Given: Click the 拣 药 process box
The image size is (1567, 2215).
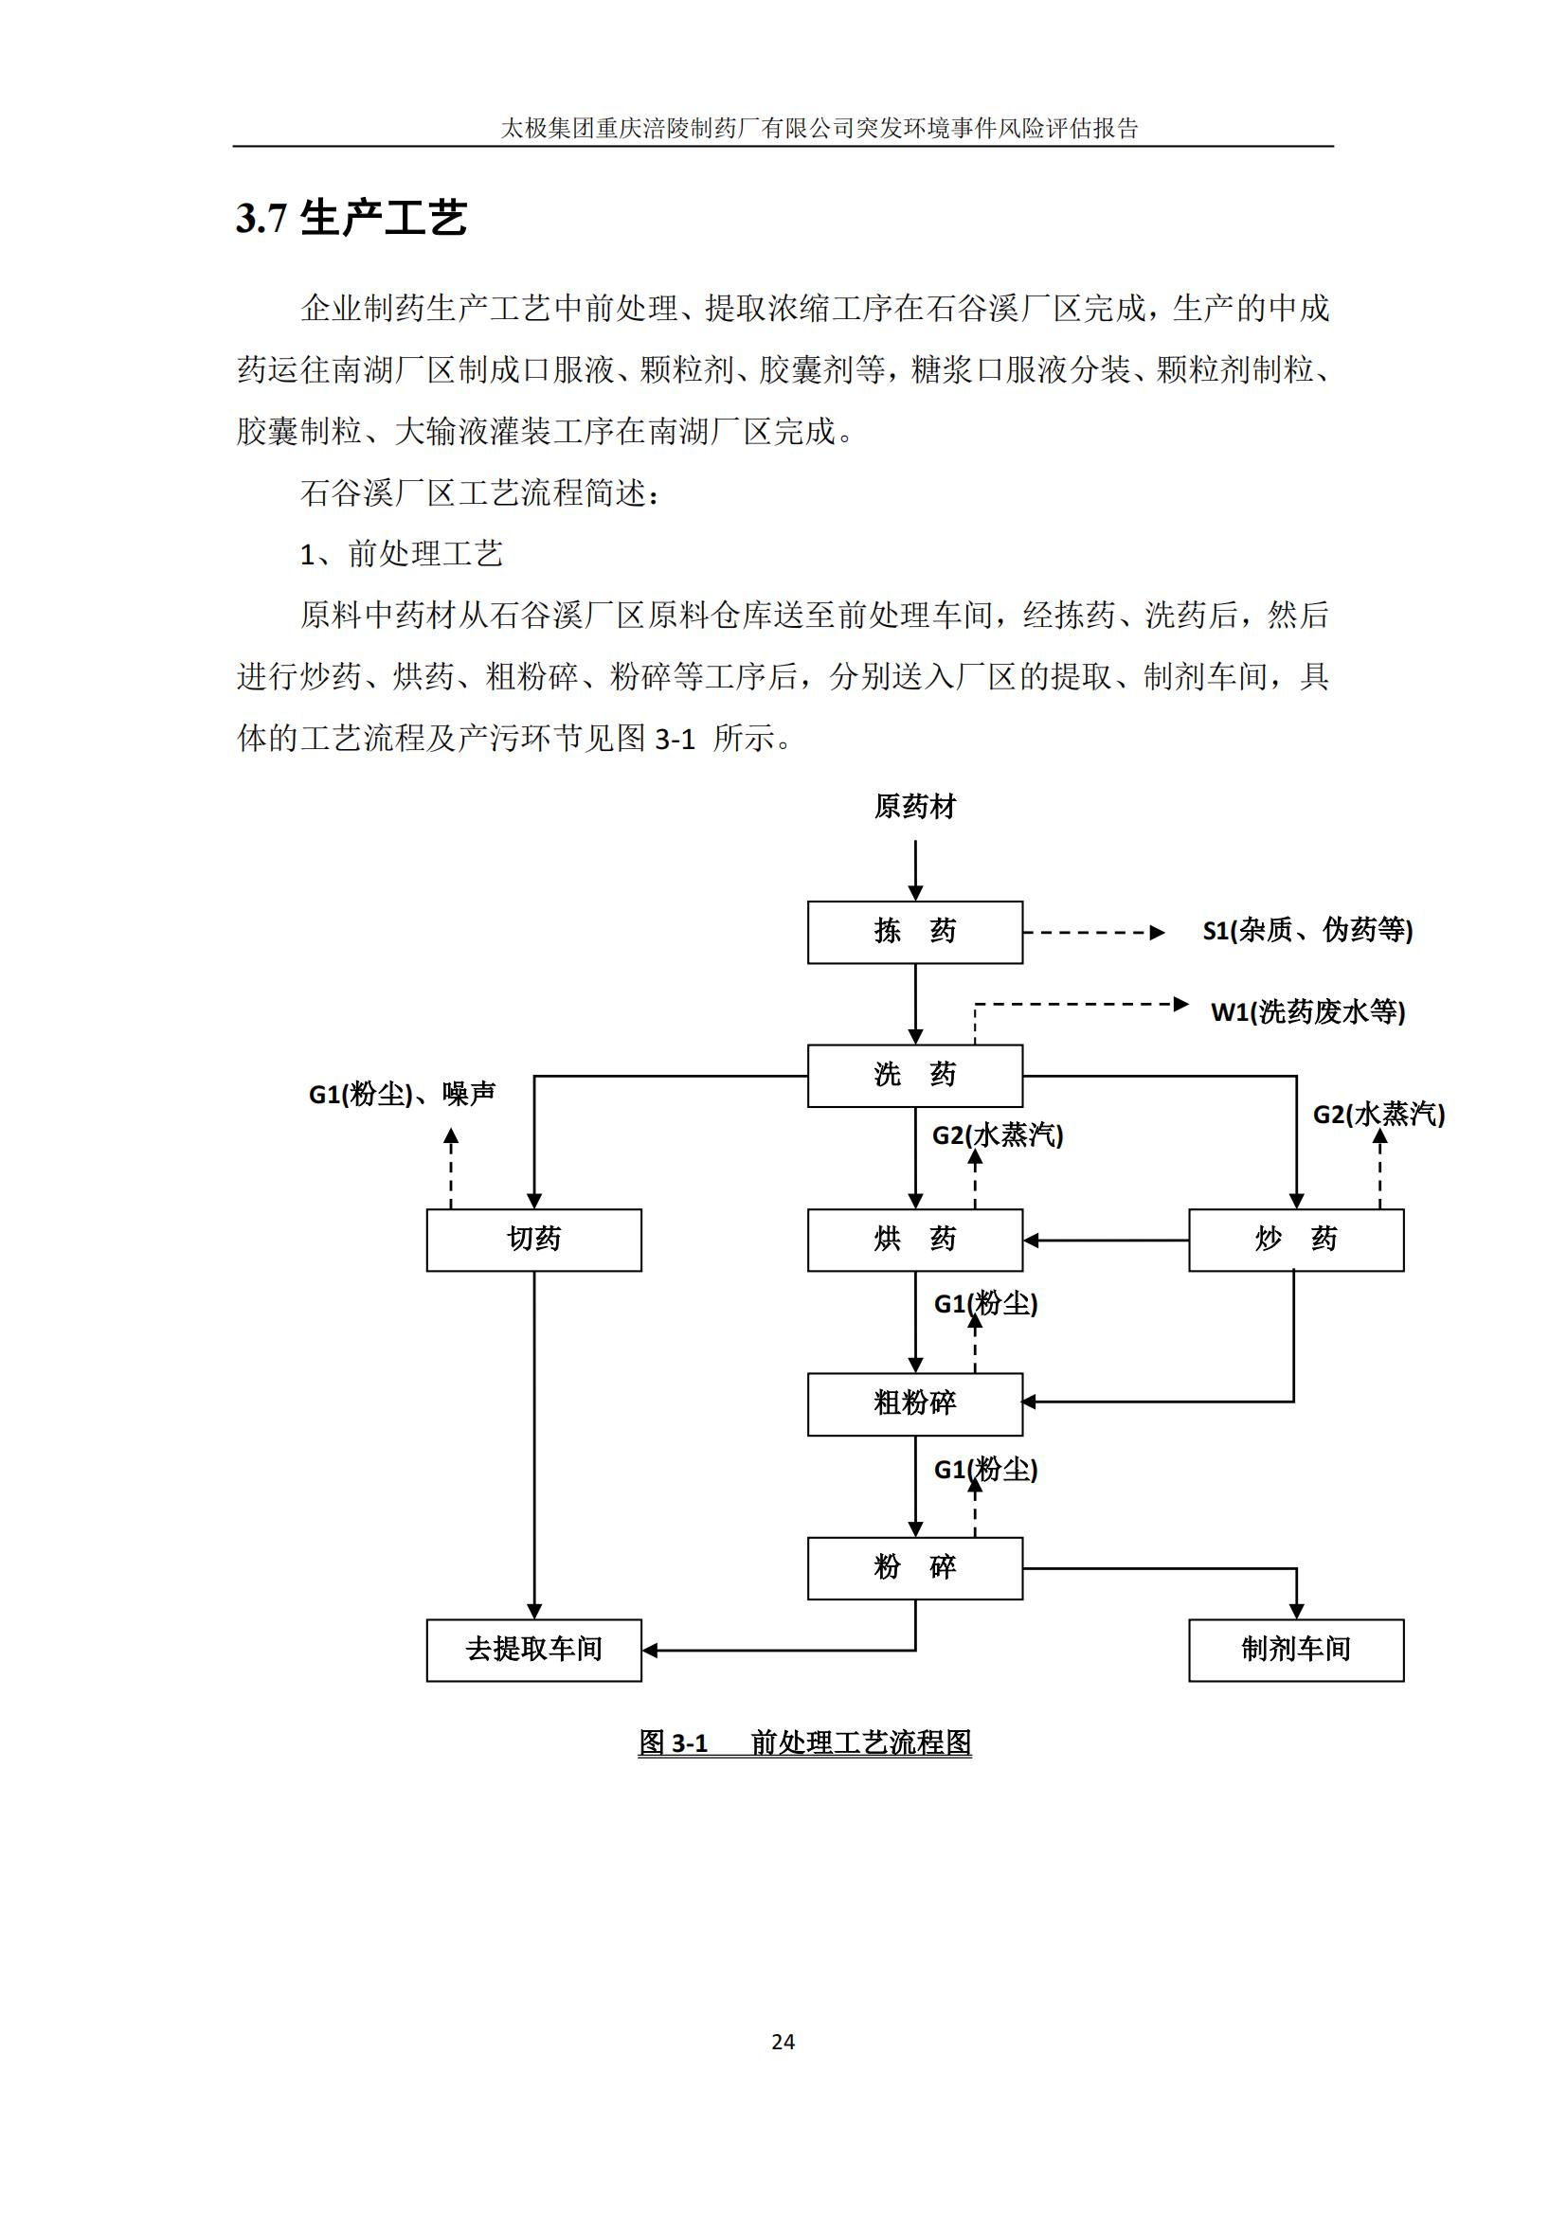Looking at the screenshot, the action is [915, 932].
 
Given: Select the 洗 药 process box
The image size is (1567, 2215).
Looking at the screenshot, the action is [915, 1076].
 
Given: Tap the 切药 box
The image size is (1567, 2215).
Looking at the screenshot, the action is [533, 1240].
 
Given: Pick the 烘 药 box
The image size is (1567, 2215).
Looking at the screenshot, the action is [915, 1240].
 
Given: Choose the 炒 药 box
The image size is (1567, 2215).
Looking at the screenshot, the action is [1296, 1240].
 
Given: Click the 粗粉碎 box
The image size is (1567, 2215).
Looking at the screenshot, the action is [915, 1403].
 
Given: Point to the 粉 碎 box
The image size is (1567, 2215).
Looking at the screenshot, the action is [915, 1567].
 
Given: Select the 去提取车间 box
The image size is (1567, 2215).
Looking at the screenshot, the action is [533, 1650].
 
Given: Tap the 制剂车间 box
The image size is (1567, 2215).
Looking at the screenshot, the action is [1296, 1650].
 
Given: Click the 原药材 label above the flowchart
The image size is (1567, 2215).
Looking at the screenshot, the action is [915, 807].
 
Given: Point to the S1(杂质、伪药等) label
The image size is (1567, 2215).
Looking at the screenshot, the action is [1307, 930].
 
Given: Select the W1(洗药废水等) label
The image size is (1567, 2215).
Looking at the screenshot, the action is [1307, 1012].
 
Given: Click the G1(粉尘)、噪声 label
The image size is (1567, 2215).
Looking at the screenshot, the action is [402, 1094].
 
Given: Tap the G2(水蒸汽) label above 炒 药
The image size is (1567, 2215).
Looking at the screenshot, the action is [1378, 1115].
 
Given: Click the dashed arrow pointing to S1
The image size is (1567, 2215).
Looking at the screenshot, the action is [1094, 933].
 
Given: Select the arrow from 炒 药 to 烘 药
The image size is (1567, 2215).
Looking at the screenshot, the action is [1106, 1240].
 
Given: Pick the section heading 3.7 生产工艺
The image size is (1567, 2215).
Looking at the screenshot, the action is [351, 218].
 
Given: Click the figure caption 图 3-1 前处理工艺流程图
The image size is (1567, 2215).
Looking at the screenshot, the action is [804, 1742].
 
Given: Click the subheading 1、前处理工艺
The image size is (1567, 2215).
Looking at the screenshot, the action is [402, 554].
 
